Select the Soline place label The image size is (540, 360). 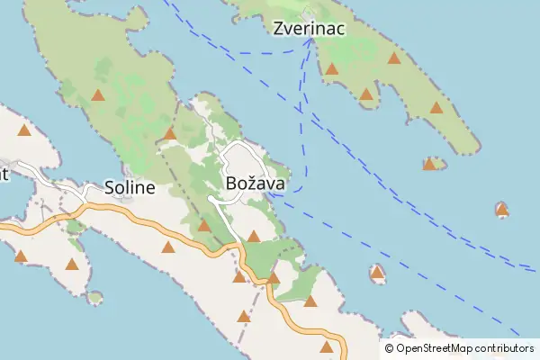tap(130, 188)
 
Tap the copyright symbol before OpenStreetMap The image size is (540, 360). tap(389, 348)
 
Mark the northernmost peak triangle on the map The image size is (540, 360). tap(393, 58)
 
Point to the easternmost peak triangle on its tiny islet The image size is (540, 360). tap(502, 211)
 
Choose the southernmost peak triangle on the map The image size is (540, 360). tap(327, 347)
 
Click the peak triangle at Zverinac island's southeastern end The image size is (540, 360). tap(436, 108)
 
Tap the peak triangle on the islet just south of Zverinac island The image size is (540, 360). tap(429, 165)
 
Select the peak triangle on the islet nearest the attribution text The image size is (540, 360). tap(377, 272)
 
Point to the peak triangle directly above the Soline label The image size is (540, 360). tap(97, 95)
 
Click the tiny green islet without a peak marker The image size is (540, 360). tap(94, 297)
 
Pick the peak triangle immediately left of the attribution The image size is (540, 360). tap(327, 347)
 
